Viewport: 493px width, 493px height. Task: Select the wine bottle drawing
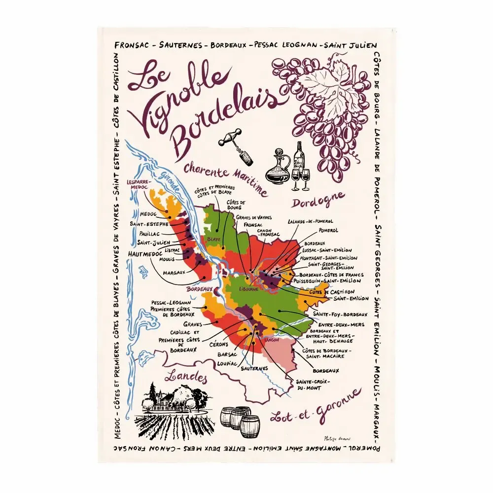[299, 158]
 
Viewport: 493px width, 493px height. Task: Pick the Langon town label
[272, 340]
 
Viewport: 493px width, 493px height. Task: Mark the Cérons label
[218, 344]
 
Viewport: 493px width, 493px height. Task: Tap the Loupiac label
[227, 363]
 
